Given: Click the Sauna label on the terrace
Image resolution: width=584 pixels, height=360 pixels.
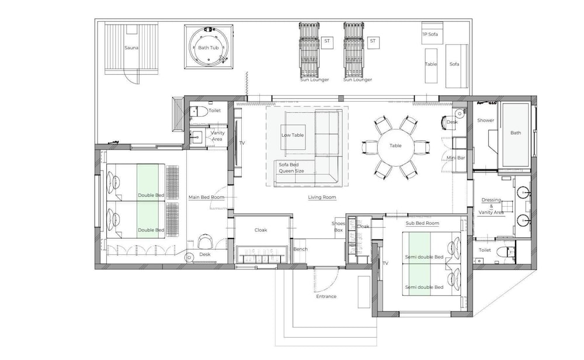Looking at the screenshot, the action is coord(131,48).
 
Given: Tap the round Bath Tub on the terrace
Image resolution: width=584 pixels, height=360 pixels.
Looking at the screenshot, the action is coord(208,47).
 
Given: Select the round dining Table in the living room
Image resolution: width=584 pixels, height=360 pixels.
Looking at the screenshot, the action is coord(395,146).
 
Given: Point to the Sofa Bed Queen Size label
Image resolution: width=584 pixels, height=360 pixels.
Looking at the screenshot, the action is coord(291,168).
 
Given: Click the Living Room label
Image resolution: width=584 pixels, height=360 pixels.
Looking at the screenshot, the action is coord(322,197).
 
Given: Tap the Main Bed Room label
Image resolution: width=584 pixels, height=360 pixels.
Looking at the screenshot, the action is coord(206,197).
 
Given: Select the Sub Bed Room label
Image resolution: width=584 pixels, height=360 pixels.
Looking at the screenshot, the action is coord(422,223).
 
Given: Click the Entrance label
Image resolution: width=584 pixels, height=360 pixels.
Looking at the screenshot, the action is coord(326,296).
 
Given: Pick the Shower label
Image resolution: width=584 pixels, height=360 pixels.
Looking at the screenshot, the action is coord(486,120).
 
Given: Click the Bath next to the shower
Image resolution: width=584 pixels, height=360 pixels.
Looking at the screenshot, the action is coord(516,135).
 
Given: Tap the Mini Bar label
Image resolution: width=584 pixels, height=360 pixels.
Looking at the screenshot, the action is coord(456,158).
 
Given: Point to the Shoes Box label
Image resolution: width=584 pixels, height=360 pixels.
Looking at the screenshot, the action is coord(338,227).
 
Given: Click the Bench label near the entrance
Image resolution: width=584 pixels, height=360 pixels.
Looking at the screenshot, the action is coord(301,250).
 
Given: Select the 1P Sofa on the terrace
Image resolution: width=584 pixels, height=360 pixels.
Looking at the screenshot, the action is coord(432,33).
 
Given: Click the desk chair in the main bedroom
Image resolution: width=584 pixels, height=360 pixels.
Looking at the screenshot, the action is coord(205,241).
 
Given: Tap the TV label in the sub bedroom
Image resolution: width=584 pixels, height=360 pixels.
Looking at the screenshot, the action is coord(385,263).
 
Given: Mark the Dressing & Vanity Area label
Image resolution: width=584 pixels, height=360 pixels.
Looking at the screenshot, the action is coord(491,206).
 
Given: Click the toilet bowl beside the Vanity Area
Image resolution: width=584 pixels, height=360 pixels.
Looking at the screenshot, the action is coord(201,111).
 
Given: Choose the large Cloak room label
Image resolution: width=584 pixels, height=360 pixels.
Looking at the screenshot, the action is coord(260,230).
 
